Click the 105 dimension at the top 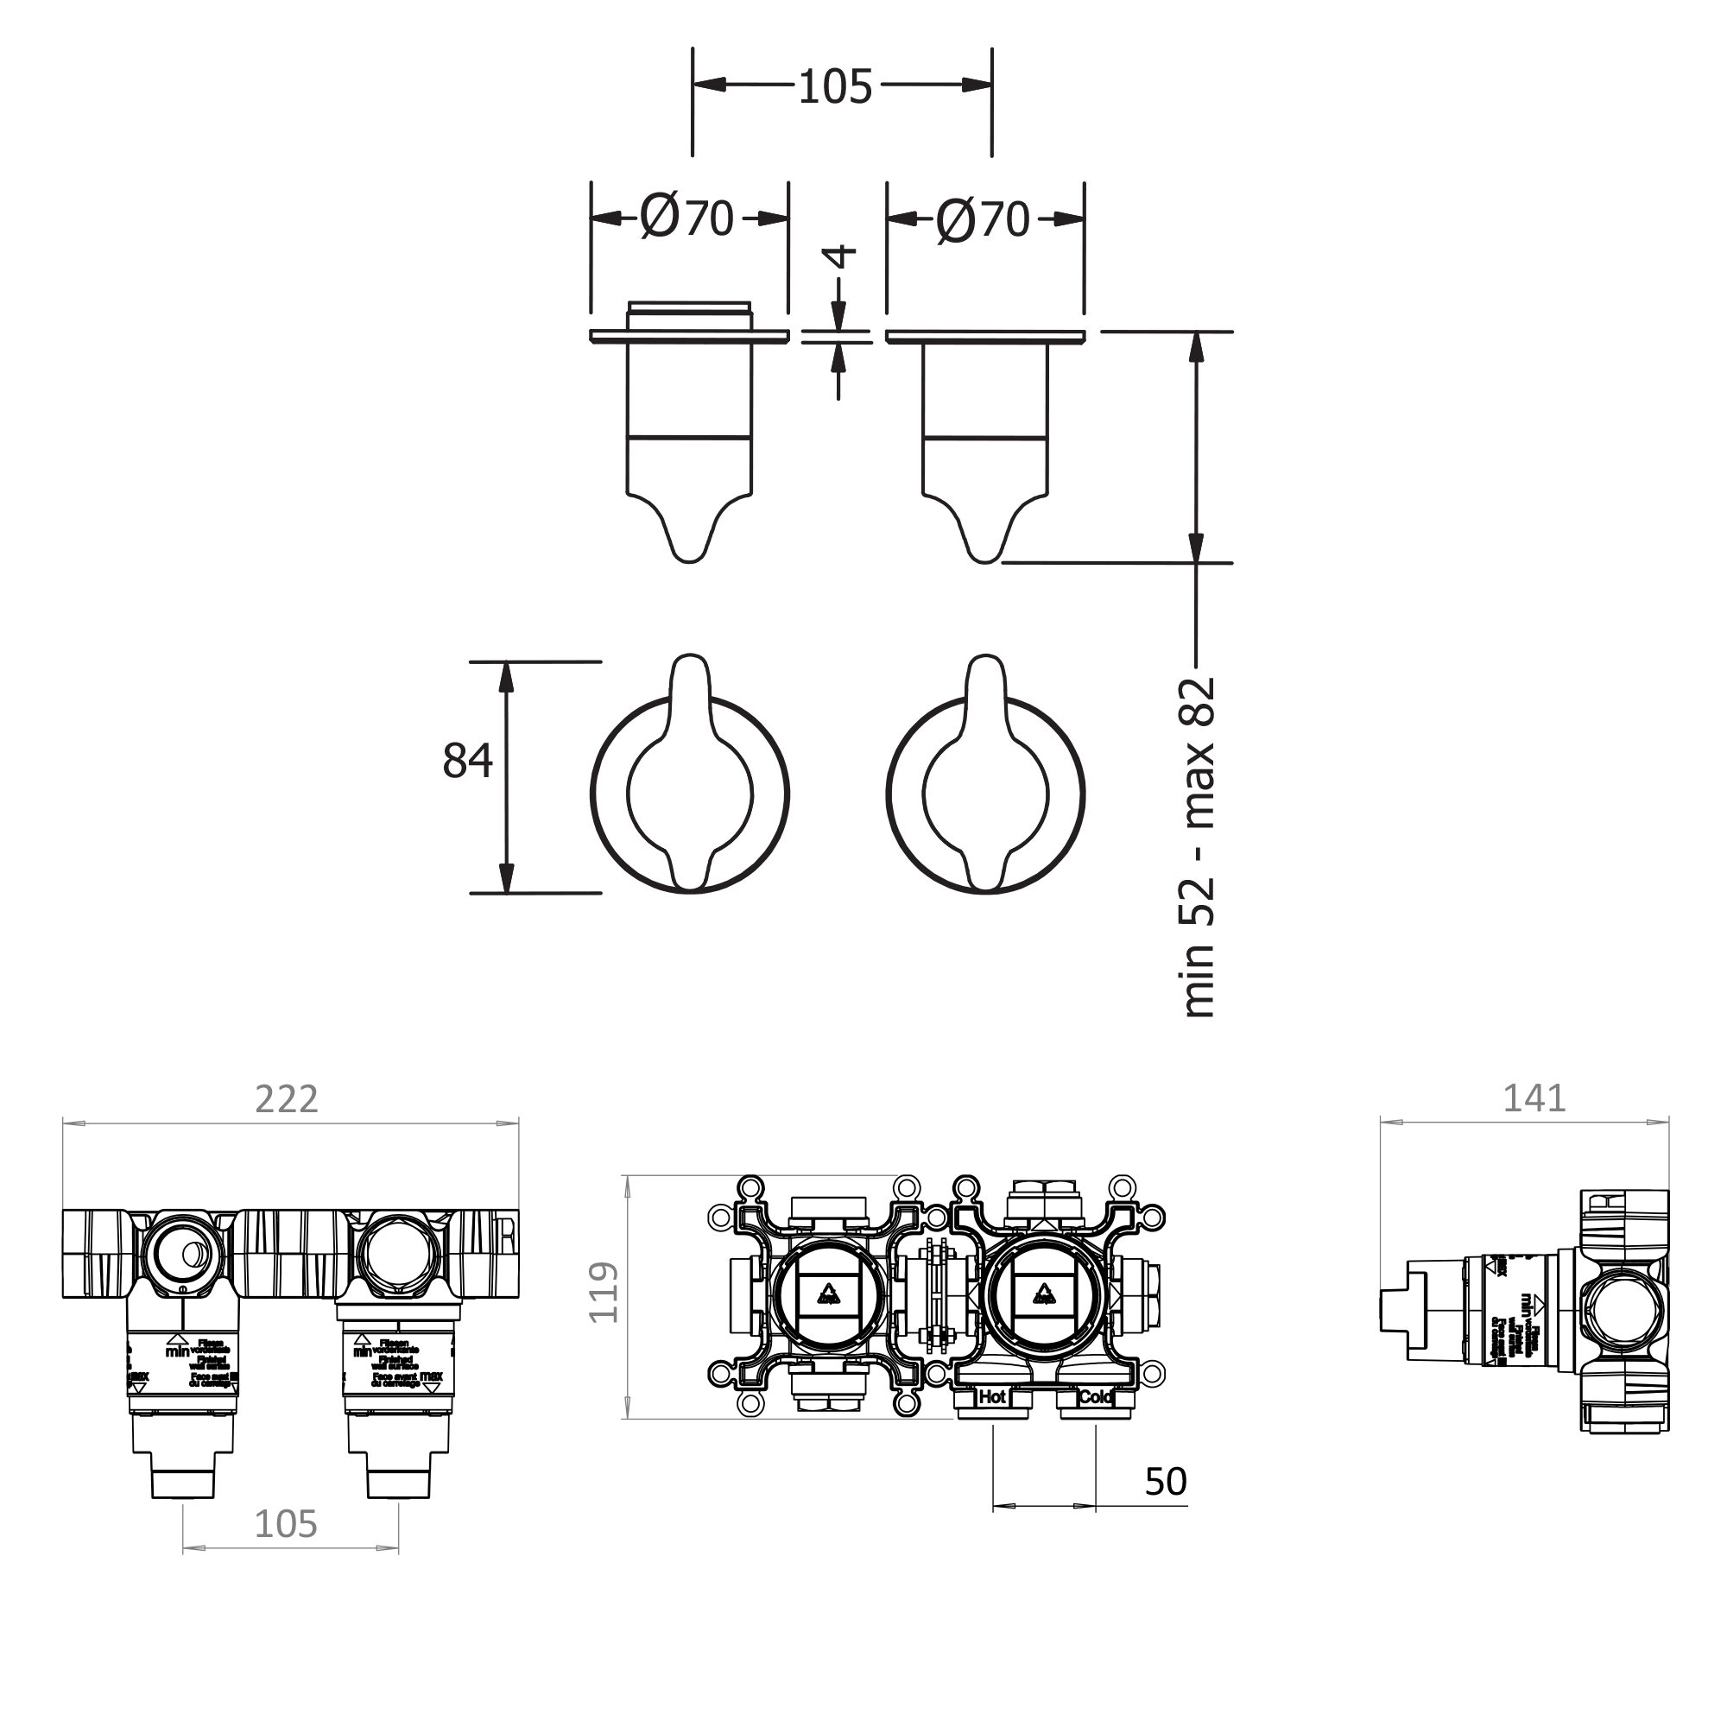tap(834, 87)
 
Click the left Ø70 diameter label tap(686, 218)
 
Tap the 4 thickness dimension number tap(840, 256)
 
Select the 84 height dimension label tap(467, 761)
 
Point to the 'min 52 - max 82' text tap(1199, 847)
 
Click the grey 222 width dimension tap(286, 1098)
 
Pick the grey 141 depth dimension tap(1534, 1098)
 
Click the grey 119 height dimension tap(604, 1292)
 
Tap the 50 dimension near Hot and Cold tap(1166, 1482)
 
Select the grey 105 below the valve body tap(286, 1524)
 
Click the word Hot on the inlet tap(992, 1397)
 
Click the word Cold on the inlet tap(1095, 1397)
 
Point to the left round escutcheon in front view tap(608, 794)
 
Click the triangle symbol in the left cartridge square tap(829, 1293)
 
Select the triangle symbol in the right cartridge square tap(1043, 1293)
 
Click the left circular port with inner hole tap(183, 1254)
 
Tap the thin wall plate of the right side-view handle tap(985, 336)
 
